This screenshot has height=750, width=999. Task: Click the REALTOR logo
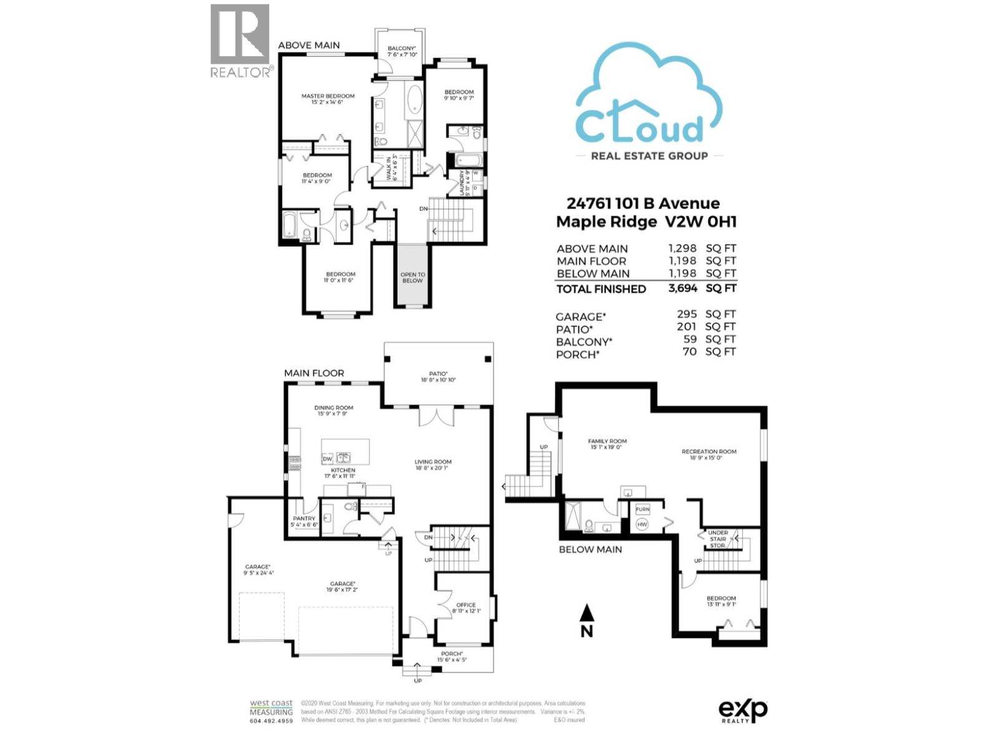pos(240,41)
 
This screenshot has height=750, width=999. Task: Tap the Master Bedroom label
pos(327,99)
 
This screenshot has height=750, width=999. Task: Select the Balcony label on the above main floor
pos(401,51)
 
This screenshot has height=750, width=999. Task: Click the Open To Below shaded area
pos(412,277)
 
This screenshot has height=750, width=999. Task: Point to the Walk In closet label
pos(391,168)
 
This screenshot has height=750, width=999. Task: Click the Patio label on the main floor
pos(438,377)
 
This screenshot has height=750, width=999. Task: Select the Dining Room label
pos(333,411)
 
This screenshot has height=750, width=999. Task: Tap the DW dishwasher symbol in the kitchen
pos(327,459)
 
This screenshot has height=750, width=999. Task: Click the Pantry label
pos(304,521)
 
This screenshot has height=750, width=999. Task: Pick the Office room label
pos(466,607)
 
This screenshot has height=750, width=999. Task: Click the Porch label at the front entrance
pos(451,656)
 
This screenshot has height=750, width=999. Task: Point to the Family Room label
pos(607,444)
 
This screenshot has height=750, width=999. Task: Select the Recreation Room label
pos(709,454)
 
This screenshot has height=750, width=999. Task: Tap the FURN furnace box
pos(642,509)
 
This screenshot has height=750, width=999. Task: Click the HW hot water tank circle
pos(642,524)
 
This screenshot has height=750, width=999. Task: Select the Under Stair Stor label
pos(718,539)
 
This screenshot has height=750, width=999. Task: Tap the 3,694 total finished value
pos(682,288)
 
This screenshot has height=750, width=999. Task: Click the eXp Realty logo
pos(742,711)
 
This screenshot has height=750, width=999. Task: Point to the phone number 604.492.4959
pos(271,721)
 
